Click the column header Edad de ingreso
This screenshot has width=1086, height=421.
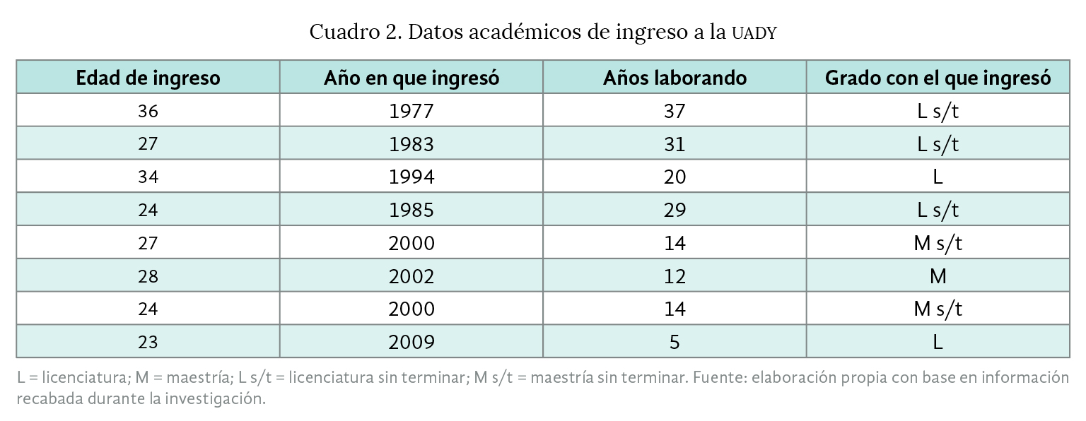(148, 77)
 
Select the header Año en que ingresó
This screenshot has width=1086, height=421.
(411, 77)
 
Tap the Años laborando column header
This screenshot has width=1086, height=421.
(675, 77)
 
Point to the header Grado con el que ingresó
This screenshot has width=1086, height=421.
(938, 77)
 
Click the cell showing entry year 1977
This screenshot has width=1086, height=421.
(411, 111)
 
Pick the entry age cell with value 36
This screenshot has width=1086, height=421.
(148, 111)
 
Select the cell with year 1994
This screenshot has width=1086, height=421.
(411, 177)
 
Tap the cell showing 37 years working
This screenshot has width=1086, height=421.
(675, 111)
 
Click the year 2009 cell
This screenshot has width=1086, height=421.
(411, 342)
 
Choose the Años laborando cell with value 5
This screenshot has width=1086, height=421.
(675, 342)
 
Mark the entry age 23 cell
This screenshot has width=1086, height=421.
(148, 342)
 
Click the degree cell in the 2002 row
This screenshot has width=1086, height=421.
(938, 276)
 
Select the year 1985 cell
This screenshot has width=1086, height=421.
(411, 210)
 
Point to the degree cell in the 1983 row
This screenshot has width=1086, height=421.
(938, 144)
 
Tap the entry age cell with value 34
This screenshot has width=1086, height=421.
(148, 177)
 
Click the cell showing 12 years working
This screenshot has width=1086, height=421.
(675, 276)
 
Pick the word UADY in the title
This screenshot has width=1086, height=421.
(754, 33)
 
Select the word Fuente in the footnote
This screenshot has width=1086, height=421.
(718, 378)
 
